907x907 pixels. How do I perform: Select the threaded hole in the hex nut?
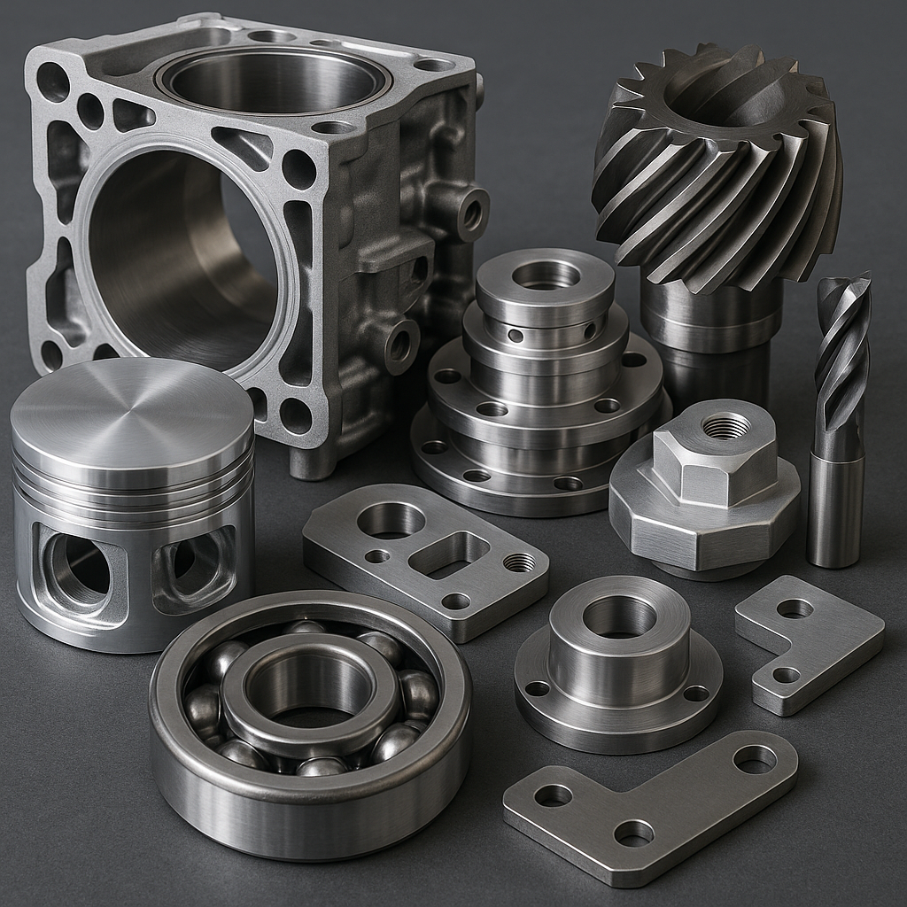726,426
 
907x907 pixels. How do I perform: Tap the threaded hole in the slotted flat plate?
519,562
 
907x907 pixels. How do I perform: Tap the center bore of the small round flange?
619,615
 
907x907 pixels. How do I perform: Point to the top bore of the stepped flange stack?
546,275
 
